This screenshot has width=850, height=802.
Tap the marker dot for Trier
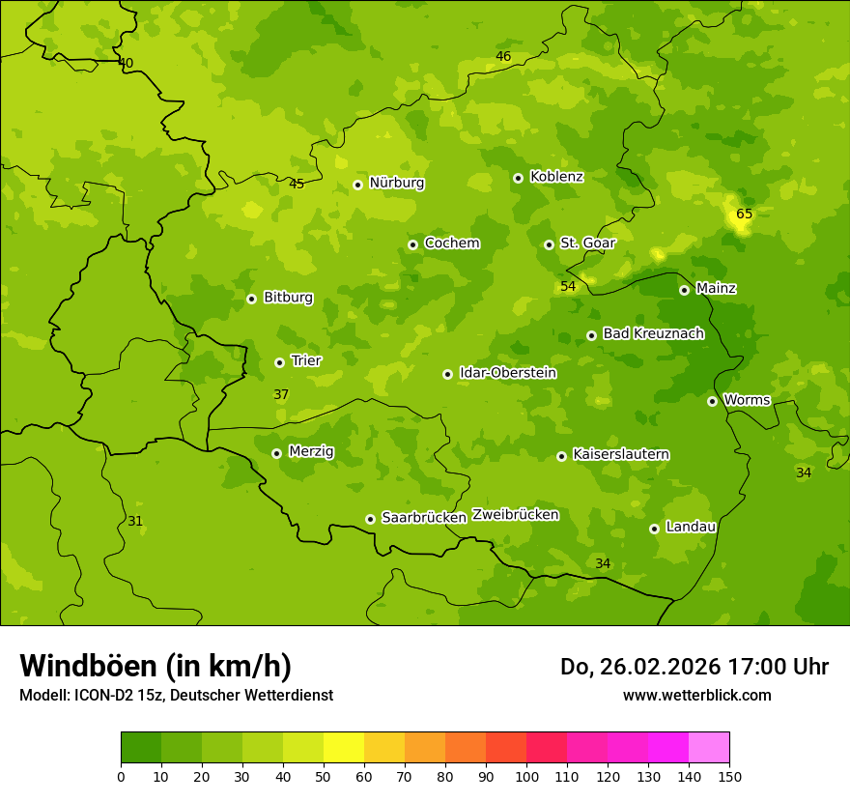(x=280, y=362)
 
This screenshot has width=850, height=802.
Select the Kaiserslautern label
(x=621, y=454)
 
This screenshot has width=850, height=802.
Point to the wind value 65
(x=744, y=214)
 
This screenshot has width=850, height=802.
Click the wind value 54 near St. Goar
(x=568, y=286)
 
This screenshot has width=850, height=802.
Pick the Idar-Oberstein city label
(x=508, y=373)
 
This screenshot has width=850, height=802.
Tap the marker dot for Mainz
(x=684, y=290)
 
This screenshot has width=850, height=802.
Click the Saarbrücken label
(x=424, y=517)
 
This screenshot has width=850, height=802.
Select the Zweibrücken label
(x=515, y=514)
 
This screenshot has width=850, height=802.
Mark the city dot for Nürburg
(x=357, y=185)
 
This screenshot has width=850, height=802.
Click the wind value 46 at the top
(x=503, y=56)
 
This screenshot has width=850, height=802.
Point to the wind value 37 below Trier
(x=281, y=394)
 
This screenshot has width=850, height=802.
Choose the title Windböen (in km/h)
(x=156, y=666)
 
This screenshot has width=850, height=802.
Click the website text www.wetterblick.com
(x=696, y=695)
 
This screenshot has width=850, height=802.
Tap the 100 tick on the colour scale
(x=526, y=776)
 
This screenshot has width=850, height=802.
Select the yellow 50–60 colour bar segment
(x=344, y=747)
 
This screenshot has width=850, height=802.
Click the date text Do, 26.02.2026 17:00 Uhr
(x=694, y=667)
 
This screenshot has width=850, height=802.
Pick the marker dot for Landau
(x=654, y=529)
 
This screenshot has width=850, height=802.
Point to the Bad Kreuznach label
(x=653, y=333)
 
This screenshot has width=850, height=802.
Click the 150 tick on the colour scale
(x=729, y=776)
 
